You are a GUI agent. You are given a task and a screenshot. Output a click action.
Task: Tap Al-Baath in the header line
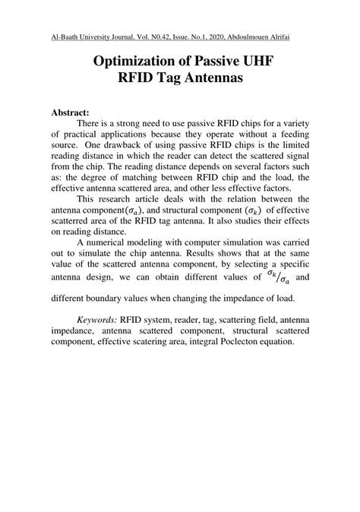click(64, 36)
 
